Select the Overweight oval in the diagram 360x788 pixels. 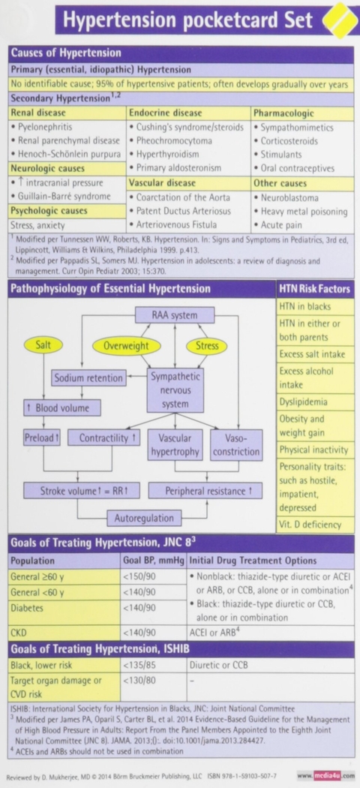[127, 346]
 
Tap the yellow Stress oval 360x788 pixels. [207, 346]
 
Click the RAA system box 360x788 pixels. [175, 315]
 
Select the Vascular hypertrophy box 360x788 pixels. [175, 444]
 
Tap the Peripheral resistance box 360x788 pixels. [205, 491]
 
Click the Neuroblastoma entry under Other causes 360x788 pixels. [289, 197]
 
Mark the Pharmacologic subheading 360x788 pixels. [284, 113]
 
